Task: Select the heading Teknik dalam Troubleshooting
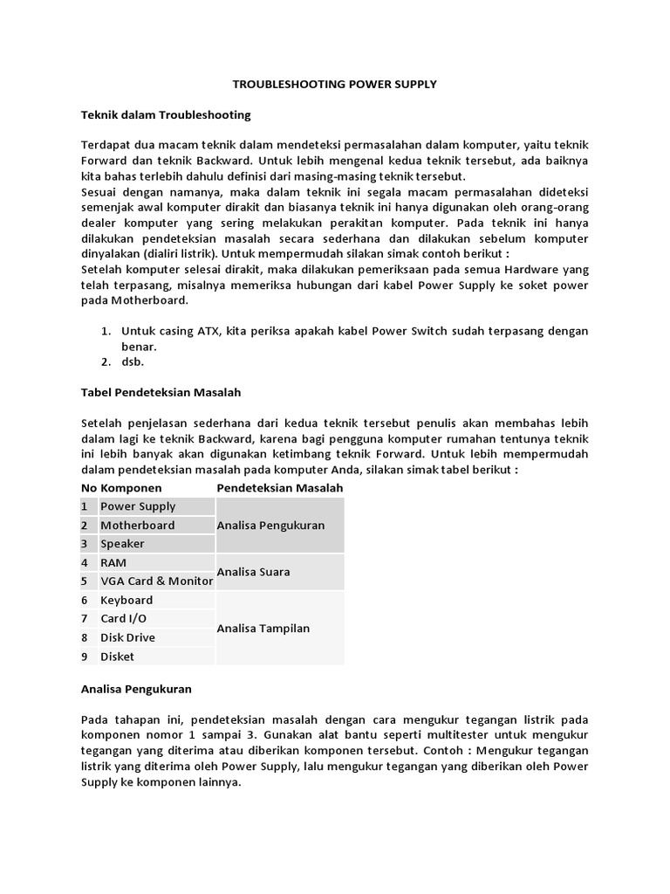(166, 114)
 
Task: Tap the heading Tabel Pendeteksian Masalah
(161, 392)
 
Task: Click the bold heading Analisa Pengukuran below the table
(135, 689)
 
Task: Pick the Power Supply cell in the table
(138, 506)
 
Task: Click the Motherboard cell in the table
(138, 525)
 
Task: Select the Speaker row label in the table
(123, 544)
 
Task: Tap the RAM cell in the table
(113, 563)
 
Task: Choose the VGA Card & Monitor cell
(156, 581)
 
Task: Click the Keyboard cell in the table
(126, 600)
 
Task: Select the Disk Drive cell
(127, 637)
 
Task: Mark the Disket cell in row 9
(117, 657)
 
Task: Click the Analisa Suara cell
(253, 572)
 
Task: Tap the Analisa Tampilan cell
(263, 629)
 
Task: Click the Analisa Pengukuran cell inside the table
(270, 525)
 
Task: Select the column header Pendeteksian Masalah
(279, 487)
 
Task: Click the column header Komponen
(131, 487)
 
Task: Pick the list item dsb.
(132, 361)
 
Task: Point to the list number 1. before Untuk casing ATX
(106, 331)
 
